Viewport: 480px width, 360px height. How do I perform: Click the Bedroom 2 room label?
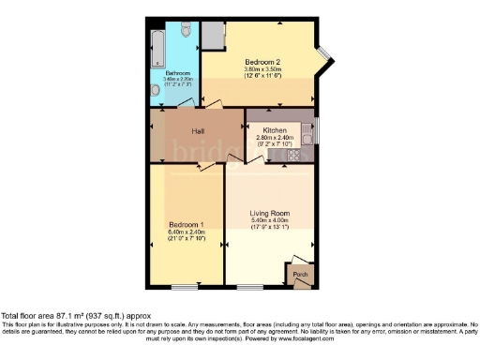(x=263, y=62)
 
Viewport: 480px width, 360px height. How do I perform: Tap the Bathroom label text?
(x=179, y=73)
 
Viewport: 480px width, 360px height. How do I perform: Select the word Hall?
(x=199, y=131)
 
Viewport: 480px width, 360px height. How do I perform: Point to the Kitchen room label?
(x=275, y=130)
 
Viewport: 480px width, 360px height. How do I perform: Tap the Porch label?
(x=301, y=274)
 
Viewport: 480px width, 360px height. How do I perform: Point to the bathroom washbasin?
(x=155, y=91)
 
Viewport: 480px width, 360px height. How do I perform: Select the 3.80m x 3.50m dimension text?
(x=263, y=69)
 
